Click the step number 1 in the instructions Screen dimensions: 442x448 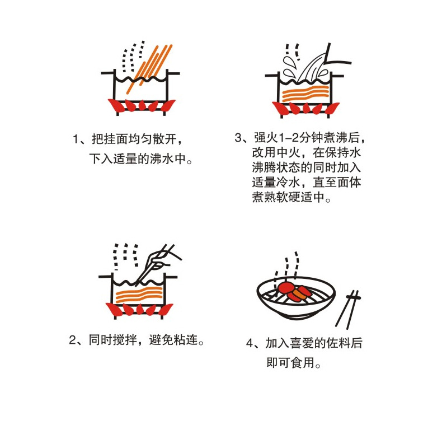(76, 139)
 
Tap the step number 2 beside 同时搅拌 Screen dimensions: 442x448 (73, 340)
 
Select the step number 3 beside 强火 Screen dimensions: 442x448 (238, 138)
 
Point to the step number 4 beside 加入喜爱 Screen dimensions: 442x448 (250, 343)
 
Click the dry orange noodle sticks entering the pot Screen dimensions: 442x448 (149, 68)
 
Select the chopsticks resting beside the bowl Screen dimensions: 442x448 (349, 310)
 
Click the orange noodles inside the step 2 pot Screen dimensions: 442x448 (139, 295)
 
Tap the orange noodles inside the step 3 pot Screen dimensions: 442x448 (305, 94)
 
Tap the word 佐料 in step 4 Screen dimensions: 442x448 (338, 343)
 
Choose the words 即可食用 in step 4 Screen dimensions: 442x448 (291, 363)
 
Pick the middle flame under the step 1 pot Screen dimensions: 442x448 (142, 105)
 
